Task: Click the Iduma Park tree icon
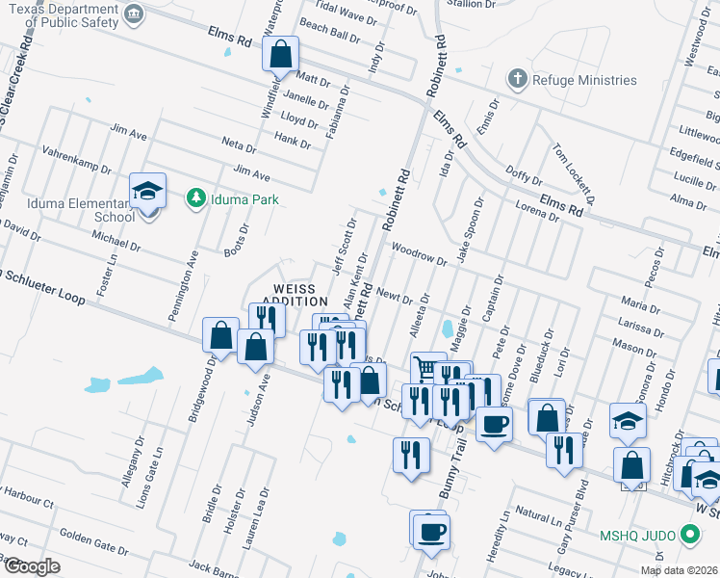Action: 196,198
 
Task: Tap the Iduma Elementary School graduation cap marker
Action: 148,191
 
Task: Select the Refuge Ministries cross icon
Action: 518,79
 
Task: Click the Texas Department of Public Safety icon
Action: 134,13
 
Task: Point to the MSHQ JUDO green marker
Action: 688,533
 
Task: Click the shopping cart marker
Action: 427,368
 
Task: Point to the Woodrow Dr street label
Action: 420,253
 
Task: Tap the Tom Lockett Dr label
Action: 574,173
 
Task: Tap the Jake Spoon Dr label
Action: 469,233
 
